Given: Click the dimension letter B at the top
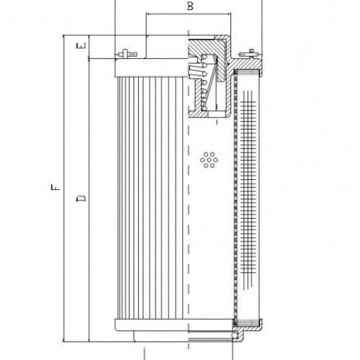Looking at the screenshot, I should (x=189, y=7).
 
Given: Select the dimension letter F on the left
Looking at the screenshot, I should (x=56, y=189).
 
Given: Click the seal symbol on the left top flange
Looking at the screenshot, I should (x=127, y=53).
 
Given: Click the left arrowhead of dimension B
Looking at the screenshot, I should (x=148, y=14).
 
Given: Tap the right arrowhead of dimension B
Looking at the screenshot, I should (x=228, y=14).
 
